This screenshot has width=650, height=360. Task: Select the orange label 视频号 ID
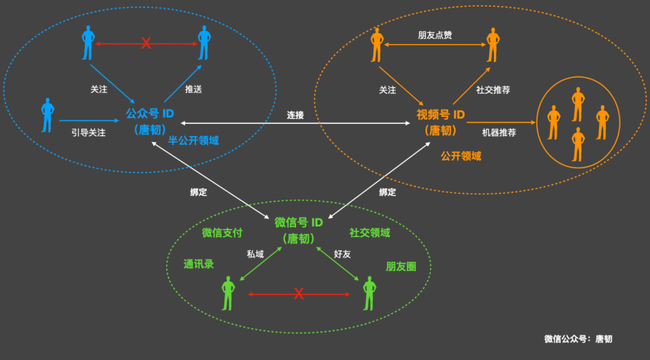(x=441, y=114)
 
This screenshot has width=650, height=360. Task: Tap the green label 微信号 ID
(x=299, y=222)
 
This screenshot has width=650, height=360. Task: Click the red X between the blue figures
(x=146, y=43)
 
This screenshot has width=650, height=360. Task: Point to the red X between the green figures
(x=299, y=294)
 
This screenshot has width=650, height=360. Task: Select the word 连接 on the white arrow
(x=296, y=114)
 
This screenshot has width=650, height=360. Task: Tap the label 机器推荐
(x=499, y=132)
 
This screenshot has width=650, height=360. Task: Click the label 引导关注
(x=88, y=132)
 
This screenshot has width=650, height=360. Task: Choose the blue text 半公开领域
(x=193, y=140)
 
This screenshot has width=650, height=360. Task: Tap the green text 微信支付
(x=222, y=233)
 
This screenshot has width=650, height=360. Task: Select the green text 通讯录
(x=199, y=264)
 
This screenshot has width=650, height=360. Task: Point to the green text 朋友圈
(x=401, y=267)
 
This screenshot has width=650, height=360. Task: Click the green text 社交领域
(x=370, y=233)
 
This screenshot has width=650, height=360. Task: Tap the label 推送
(x=193, y=89)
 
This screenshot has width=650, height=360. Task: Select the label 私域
(x=255, y=254)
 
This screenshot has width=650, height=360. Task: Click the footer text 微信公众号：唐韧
(x=578, y=339)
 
